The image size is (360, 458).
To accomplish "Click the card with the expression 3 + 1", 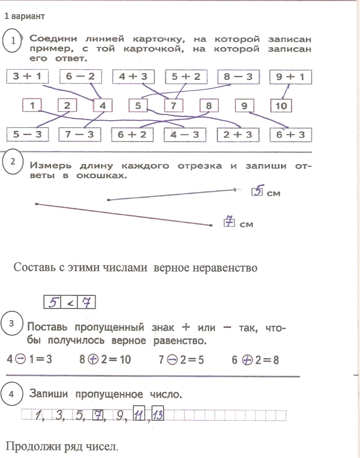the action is click(x=27, y=76).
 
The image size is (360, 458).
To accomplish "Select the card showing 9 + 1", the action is click(x=290, y=77).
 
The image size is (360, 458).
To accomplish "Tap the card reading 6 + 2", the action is click(x=132, y=135).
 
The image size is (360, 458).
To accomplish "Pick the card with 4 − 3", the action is click(x=185, y=135).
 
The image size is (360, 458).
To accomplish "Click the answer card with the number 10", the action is click(x=281, y=105).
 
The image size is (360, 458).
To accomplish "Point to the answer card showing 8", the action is click(x=209, y=105).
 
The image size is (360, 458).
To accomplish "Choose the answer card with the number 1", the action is click(x=32, y=105).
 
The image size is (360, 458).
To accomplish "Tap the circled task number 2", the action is click(x=12, y=162).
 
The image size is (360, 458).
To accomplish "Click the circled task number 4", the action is click(x=12, y=394).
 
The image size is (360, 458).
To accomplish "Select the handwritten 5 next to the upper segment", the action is click(x=258, y=190).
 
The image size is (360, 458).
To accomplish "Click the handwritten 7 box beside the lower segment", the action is click(x=229, y=222).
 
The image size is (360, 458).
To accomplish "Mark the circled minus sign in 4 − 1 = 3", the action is click(x=21, y=359).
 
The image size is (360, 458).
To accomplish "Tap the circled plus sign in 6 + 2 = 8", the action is click(x=248, y=360).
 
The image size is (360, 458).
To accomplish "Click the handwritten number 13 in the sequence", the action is click(x=158, y=413).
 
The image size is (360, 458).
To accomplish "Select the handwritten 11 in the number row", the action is click(x=139, y=413).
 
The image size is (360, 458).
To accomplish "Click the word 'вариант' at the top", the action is click(x=28, y=17).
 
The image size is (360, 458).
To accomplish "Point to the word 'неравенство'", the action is click(x=225, y=268).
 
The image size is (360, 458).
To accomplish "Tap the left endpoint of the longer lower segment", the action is click(x=36, y=204).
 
